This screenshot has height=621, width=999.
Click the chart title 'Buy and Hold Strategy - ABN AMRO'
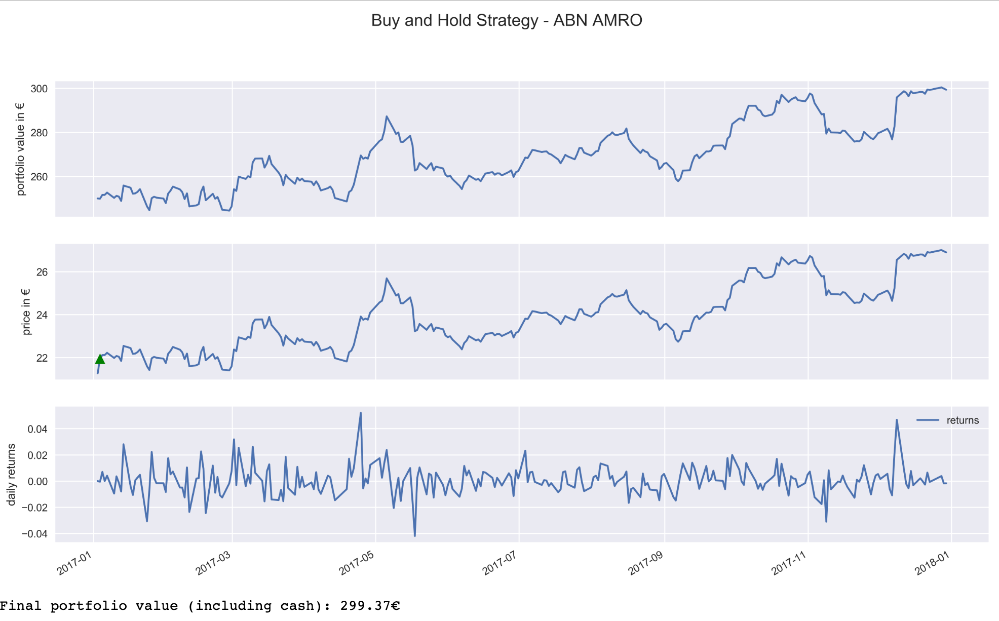(506, 21)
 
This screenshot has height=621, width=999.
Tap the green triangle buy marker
(100, 359)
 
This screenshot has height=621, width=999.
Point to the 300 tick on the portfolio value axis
(39, 89)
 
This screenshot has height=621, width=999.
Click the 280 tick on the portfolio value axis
(39, 133)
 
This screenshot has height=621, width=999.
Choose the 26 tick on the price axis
(42, 272)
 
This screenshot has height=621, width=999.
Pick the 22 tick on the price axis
(42, 358)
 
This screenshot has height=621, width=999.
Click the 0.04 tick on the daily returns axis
(37, 429)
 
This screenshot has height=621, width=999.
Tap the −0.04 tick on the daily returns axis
(34, 534)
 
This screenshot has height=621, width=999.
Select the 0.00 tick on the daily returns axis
(37, 481)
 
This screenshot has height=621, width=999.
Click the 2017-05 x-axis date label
(356, 564)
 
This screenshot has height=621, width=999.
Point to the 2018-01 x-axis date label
(932, 564)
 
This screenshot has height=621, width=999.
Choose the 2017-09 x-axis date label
(645, 564)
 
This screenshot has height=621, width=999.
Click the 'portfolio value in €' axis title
(20, 149)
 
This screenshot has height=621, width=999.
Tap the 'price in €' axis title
(26, 312)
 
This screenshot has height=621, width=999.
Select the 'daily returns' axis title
(11, 475)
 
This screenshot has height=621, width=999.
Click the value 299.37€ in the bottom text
(370, 606)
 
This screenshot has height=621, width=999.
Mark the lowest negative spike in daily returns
(415, 536)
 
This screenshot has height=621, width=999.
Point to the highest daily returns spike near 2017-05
(361, 413)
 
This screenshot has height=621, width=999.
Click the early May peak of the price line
(387, 278)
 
